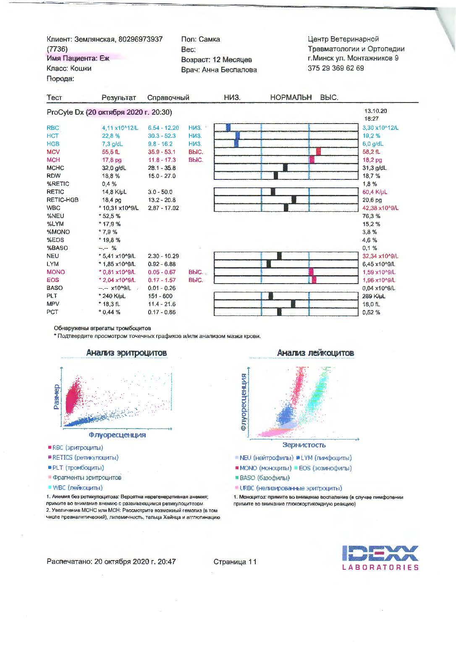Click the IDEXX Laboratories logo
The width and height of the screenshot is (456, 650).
[x=380, y=557]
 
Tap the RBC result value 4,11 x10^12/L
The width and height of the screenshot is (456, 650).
[x=120, y=128]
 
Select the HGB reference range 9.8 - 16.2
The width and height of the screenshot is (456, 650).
[x=160, y=144]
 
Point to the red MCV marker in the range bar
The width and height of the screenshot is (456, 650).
[x=318, y=152]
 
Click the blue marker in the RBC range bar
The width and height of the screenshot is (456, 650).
[x=228, y=127]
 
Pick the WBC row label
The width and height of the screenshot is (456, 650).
[x=53, y=208]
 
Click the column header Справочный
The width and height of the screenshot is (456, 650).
[x=168, y=97]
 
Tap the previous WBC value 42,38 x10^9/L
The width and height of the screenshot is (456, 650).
[x=380, y=208]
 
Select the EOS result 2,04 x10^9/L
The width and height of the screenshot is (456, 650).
[x=118, y=280]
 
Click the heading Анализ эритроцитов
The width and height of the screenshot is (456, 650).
[x=126, y=353]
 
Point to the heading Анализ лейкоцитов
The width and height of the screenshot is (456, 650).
[x=315, y=353]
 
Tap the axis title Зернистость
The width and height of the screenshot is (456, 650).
[x=304, y=445]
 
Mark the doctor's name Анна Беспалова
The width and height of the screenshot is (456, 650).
[x=229, y=70]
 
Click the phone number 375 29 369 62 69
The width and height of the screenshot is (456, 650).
[x=335, y=68]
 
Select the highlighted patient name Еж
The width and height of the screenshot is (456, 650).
[x=104, y=58]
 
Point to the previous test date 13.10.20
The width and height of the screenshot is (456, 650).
[x=375, y=111]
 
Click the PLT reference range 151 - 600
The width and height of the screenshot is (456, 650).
[x=160, y=296]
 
